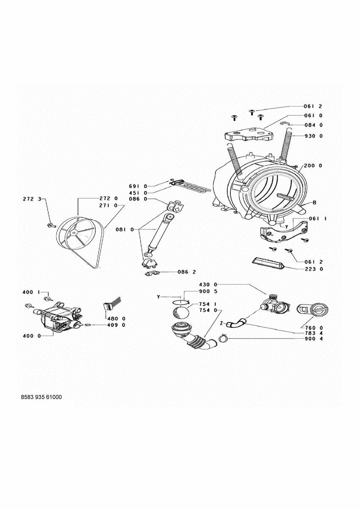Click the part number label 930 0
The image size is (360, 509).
tap(313, 136)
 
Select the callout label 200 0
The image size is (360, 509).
tap(313, 165)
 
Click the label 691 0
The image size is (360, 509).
tap(139, 186)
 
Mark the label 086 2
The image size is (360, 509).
tap(187, 271)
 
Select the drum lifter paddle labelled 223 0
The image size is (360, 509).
tap(268, 263)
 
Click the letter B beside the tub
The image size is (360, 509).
tap(315, 203)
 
